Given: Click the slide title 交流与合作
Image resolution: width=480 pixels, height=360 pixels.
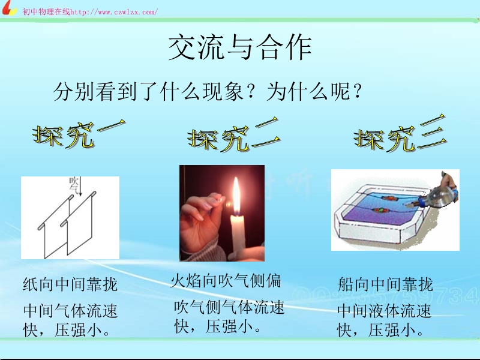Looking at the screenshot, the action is click(240, 47).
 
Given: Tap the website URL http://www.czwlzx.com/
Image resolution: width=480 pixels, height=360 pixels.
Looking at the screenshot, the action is click(114, 12).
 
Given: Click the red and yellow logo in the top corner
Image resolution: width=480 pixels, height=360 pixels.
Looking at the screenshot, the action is click(8, 8).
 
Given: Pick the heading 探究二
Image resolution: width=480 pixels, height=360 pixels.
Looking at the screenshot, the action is click(234, 135).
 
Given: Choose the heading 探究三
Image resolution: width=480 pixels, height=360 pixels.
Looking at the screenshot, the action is click(400, 133).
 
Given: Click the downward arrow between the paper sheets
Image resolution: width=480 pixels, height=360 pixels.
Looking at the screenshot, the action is click(80, 186).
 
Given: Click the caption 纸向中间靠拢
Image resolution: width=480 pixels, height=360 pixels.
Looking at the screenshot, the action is click(70, 284).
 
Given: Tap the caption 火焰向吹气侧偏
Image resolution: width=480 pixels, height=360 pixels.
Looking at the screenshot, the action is click(226, 280).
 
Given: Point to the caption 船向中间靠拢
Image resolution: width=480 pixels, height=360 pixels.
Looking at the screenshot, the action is click(385, 284).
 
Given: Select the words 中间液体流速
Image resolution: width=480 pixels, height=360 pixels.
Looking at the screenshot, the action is click(385, 311).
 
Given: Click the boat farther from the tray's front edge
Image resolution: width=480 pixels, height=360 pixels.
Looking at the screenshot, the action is click(388, 198).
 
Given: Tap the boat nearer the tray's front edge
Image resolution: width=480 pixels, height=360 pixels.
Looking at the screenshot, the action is click(380, 211).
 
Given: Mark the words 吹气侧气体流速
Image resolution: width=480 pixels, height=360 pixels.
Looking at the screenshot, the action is click(229, 307).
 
